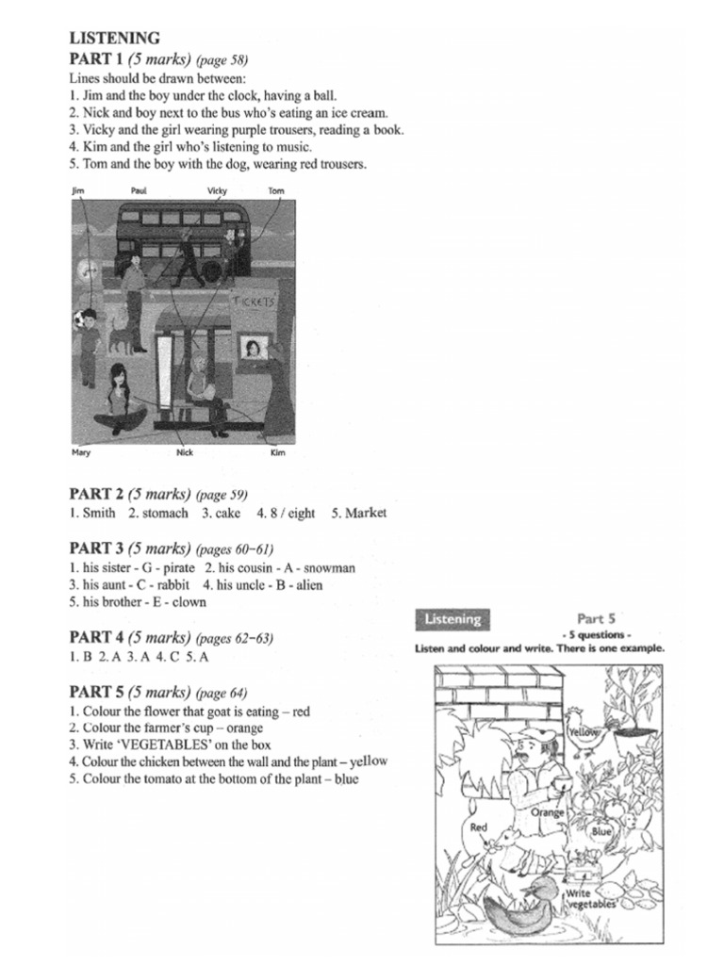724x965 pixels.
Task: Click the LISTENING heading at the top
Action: (114, 39)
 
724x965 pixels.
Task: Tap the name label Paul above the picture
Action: (139, 190)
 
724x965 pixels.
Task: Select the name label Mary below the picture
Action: (82, 452)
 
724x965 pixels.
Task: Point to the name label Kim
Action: (277, 452)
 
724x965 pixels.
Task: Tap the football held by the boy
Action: (77, 319)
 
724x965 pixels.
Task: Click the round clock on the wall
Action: (89, 270)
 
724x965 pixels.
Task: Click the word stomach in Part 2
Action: (166, 514)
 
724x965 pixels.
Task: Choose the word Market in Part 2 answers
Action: (366, 514)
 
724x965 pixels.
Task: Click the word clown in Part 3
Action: (189, 602)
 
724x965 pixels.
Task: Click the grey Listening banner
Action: (452, 619)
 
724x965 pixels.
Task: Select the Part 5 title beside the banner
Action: (596, 619)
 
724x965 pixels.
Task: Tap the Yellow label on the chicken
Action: (584, 730)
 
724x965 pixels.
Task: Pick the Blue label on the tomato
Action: (601, 832)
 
